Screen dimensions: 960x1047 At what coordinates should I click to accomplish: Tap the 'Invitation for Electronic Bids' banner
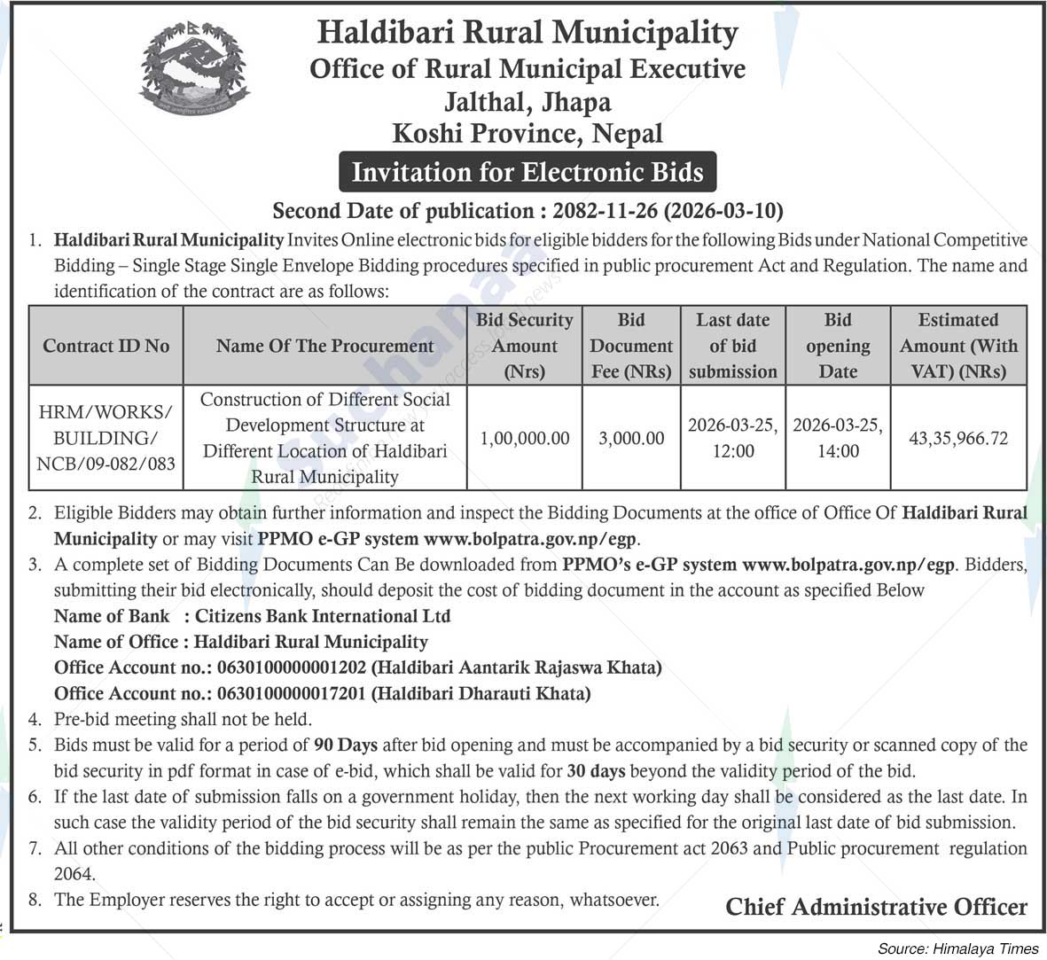pos(527,171)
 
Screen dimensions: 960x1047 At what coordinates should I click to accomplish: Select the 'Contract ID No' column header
pos(105,346)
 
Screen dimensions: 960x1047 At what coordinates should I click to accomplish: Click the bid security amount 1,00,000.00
pos(525,438)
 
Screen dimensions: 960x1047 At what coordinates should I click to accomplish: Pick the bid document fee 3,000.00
pos(631,438)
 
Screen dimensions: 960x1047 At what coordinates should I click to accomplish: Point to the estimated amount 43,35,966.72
pos(958,438)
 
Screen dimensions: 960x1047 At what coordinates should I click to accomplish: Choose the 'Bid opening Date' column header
pos(838,346)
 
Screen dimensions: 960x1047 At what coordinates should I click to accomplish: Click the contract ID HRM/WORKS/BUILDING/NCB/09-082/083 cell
pos(105,438)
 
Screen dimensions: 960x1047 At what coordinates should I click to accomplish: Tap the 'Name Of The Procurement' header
pos(324,346)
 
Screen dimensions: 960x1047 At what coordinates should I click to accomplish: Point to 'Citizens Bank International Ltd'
pos(323,616)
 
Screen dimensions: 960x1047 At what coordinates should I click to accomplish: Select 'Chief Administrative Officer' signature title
pos(876,907)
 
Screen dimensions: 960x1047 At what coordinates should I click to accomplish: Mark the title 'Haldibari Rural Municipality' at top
pos(527,33)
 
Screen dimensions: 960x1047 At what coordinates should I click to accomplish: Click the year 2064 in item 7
pos(74,874)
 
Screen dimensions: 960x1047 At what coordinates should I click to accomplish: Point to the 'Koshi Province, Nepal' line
pos(527,134)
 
